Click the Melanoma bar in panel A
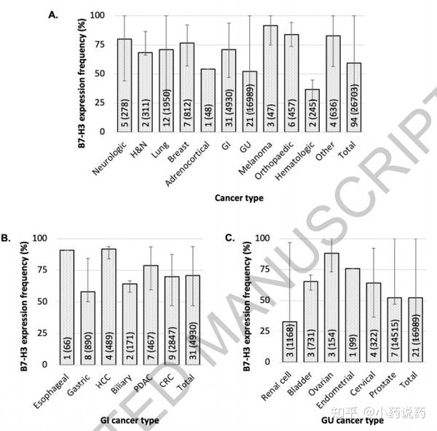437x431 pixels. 269,79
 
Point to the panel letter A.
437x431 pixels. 52,14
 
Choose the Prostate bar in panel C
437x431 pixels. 395,331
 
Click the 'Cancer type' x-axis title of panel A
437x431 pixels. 238,197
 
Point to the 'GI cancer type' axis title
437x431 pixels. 130,421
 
